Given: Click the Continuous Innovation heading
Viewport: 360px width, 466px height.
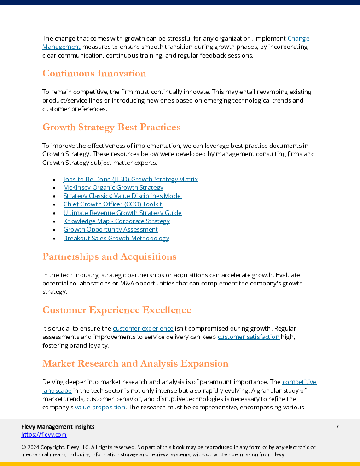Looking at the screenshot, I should [94, 74].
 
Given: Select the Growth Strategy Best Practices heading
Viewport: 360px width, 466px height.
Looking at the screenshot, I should [111, 128].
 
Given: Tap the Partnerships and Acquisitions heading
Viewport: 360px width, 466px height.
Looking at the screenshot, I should [109, 256].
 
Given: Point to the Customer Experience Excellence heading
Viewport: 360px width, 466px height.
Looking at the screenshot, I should [116, 310].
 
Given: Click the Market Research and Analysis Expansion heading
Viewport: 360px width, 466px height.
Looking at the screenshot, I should [135, 364].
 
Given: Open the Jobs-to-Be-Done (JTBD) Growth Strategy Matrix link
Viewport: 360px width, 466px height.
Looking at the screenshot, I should [130, 179].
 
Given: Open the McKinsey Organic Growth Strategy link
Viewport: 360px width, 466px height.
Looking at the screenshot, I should [113, 187].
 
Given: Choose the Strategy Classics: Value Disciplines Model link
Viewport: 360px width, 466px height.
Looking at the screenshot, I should [122, 196].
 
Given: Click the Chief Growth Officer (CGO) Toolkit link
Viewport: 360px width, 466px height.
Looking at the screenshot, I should [112, 204].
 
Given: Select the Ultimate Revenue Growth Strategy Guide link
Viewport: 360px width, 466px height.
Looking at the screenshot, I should [122, 213].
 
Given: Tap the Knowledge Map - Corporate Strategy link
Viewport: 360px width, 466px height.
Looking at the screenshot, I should [116, 221].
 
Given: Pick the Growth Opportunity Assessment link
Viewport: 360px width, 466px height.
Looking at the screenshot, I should [110, 229].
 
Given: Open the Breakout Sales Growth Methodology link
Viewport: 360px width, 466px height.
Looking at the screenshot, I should [116, 238].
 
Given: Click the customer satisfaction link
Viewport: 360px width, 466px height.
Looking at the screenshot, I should [248, 337].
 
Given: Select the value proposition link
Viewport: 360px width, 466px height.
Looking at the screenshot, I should [100, 407].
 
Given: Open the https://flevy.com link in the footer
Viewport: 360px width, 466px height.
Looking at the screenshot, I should [44, 435].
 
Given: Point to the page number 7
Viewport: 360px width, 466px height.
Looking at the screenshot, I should [337, 427].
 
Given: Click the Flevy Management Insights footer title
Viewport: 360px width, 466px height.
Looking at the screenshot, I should [58, 427].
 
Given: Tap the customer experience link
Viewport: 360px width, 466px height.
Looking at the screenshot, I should [143, 328].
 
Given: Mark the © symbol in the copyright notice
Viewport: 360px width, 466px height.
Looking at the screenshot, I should [23, 447].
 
